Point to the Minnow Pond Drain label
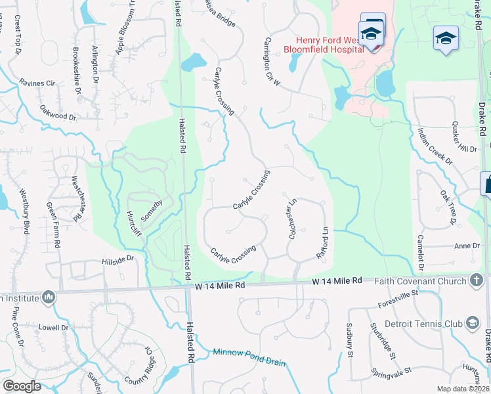pos(249,353)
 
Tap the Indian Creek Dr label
pos(435,146)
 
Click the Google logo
pos(22,386)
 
